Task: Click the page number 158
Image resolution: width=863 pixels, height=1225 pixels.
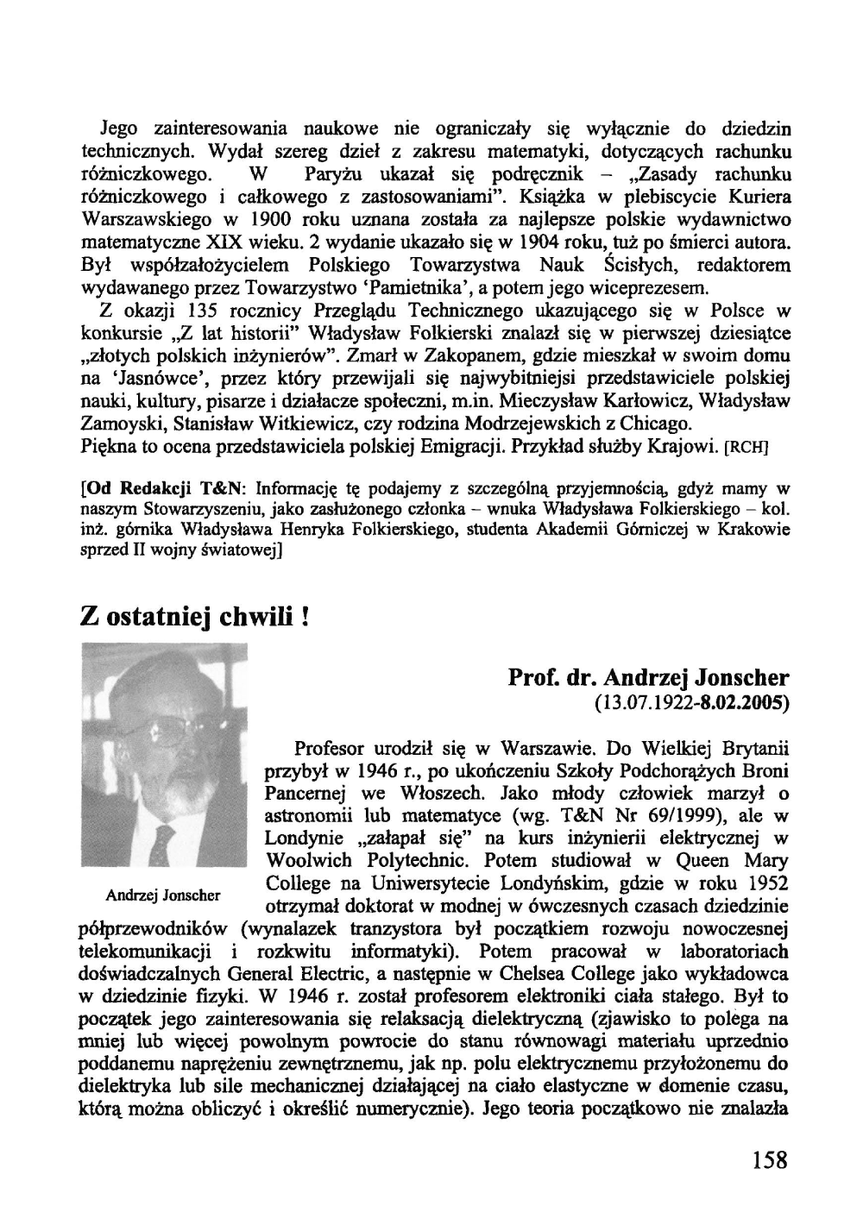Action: point(769,1158)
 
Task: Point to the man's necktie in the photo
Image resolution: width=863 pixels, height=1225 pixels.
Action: point(161,842)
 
